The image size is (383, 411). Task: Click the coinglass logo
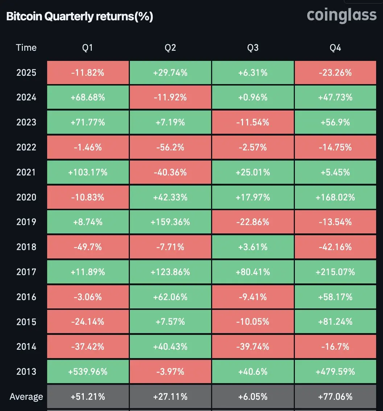[342, 15]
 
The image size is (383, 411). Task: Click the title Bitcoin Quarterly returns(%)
[80, 17]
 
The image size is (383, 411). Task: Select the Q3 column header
[253, 47]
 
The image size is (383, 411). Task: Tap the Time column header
[26, 47]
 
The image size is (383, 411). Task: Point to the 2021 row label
[26, 172]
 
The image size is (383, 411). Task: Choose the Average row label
[26, 397]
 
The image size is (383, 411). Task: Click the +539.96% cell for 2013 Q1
[88, 371]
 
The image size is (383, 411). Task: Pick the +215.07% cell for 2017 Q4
[335, 272]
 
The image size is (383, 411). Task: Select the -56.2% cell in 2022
[170, 147]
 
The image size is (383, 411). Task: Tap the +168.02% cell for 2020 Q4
[335, 197]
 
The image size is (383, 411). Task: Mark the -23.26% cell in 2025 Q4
[335, 72]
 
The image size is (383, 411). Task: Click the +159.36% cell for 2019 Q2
[170, 222]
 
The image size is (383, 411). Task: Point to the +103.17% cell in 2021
[88, 172]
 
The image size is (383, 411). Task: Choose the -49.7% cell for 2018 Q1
[88, 247]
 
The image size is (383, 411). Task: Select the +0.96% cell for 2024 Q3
[253, 97]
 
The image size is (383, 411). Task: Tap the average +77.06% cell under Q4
[335, 397]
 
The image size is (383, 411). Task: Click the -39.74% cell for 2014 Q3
[253, 347]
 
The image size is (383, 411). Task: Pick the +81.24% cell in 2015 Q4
[335, 322]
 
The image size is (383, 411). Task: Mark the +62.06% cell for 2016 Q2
[170, 297]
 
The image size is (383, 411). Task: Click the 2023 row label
[26, 122]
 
